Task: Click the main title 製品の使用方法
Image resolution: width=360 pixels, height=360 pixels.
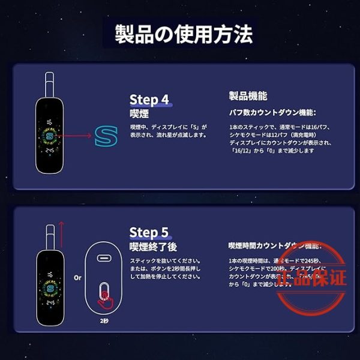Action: click(x=181, y=34)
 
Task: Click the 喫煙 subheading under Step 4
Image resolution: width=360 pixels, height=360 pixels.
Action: click(x=139, y=113)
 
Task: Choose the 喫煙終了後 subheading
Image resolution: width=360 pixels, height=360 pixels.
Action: click(x=154, y=247)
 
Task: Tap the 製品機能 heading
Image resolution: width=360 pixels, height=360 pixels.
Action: click(x=248, y=96)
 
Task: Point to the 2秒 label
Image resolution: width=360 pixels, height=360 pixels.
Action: click(x=106, y=322)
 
